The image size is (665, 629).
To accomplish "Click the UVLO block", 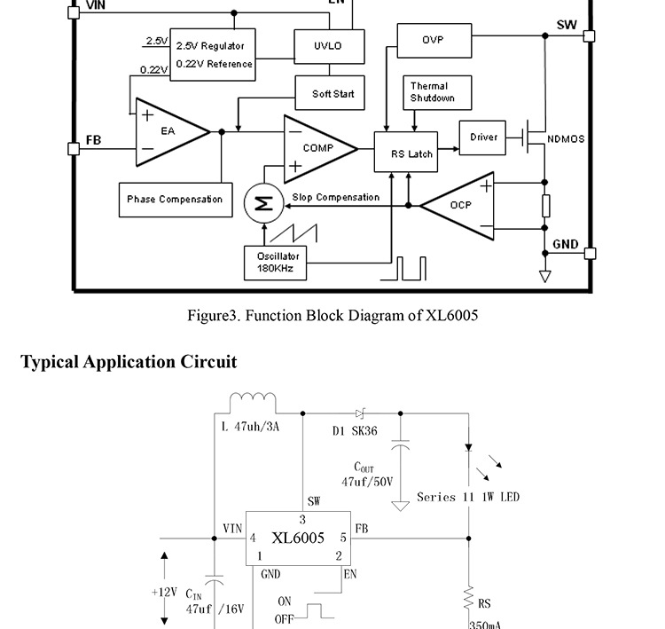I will [327, 45].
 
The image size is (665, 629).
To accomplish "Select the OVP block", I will [433, 41].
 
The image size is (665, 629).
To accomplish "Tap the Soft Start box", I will [332, 93].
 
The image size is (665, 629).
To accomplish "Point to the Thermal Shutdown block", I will [438, 92].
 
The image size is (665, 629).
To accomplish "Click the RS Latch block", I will [411, 153].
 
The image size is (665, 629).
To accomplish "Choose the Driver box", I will [483, 138].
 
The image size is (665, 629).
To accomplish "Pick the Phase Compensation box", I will [175, 200].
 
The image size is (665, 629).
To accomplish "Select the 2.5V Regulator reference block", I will [214, 54].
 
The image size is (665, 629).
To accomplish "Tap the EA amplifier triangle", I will [168, 131].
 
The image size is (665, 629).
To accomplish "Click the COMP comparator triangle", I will [316, 148].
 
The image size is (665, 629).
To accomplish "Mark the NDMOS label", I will [566, 139].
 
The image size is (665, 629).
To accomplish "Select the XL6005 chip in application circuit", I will [298, 538].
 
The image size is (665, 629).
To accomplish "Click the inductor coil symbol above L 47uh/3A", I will [253, 402].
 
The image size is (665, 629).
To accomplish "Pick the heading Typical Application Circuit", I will [129, 362].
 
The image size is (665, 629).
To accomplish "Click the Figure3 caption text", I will [332, 315].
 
